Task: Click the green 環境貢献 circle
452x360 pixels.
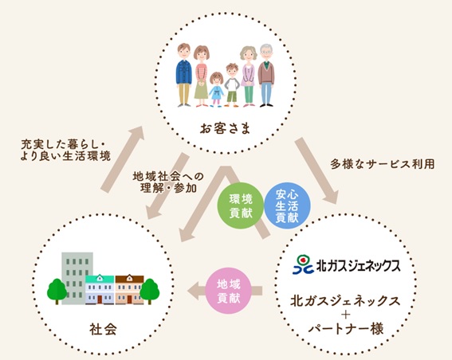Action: coord(241,205)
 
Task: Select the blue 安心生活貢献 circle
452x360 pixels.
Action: coord(287,205)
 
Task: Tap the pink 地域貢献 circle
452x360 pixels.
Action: coord(228,291)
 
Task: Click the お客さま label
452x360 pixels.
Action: coord(225,128)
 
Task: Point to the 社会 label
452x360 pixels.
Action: coord(103,329)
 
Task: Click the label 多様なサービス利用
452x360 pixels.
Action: coord(383,164)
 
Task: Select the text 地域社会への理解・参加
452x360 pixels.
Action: coord(168,182)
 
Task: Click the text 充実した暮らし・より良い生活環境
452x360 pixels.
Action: coord(65,150)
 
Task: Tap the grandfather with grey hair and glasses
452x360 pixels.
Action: coord(265,76)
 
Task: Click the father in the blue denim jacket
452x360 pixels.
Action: coord(183,75)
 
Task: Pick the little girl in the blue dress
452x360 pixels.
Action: coord(217,89)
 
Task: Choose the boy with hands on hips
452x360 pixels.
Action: coord(232,85)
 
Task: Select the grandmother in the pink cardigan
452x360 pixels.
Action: coord(248,76)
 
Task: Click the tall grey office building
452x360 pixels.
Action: coord(77,278)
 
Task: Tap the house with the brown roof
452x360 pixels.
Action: coord(129,289)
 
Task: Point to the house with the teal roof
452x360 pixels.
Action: coord(100,289)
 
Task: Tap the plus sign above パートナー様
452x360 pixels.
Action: coord(345,315)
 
